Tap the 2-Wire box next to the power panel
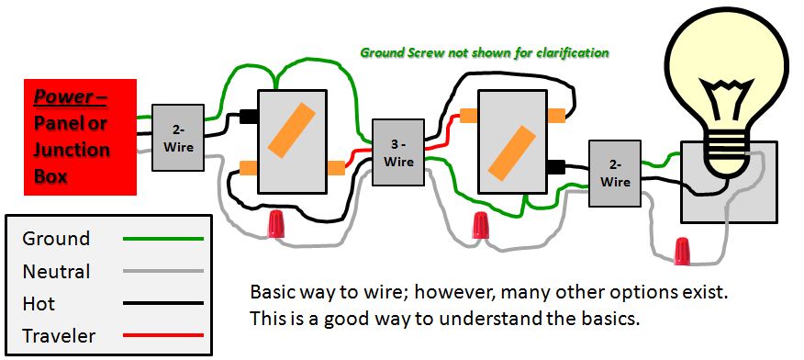pyautogui.click(x=179, y=136)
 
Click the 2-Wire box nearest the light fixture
pyautogui.click(x=615, y=172)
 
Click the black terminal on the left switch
pyautogui.click(x=249, y=117)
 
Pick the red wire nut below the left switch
pyautogui.click(x=275, y=223)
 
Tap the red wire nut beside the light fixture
pyautogui.click(x=681, y=250)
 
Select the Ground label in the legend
pyautogui.click(x=57, y=239)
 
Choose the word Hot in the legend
pyautogui.click(x=39, y=304)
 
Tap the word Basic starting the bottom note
pyautogui.click(x=273, y=293)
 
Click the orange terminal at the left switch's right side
pyautogui.click(x=336, y=167)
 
